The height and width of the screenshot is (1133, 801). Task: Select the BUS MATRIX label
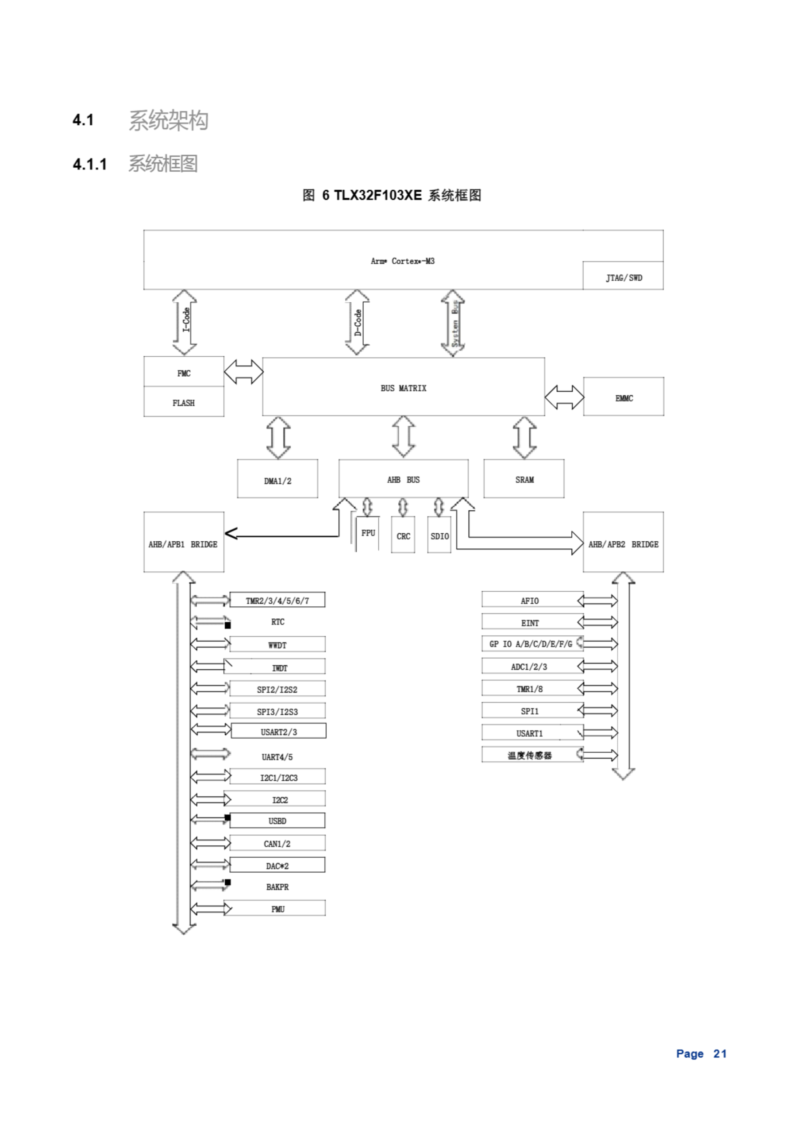(x=403, y=388)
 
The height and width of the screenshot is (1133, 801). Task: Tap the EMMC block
(x=624, y=397)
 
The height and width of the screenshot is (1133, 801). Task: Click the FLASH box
(x=184, y=402)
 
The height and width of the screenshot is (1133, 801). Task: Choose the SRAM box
(x=524, y=479)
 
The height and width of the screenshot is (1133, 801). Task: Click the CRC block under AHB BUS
(x=403, y=536)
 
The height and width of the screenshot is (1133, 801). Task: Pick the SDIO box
(x=439, y=536)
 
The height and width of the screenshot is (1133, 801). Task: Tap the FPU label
(x=368, y=532)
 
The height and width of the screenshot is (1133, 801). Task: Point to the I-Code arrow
(x=185, y=322)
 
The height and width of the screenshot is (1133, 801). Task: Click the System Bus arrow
(x=453, y=323)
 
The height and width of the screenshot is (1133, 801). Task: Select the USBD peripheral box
(x=277, y=821)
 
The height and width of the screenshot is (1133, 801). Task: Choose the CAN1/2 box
(x=277, y=844)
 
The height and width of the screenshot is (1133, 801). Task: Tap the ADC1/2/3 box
(x=529, y=666)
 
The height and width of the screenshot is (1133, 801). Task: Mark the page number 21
(x=720, y=1053)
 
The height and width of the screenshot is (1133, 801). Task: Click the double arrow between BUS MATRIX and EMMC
(x=564, y=397)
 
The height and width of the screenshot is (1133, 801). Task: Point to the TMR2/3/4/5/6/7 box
(x=277, y=600)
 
